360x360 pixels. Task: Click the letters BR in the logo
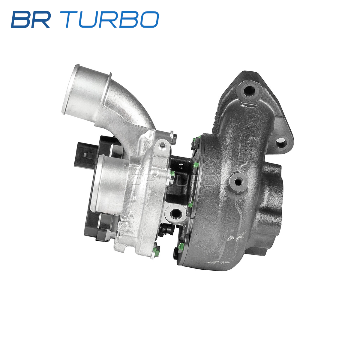31,19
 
